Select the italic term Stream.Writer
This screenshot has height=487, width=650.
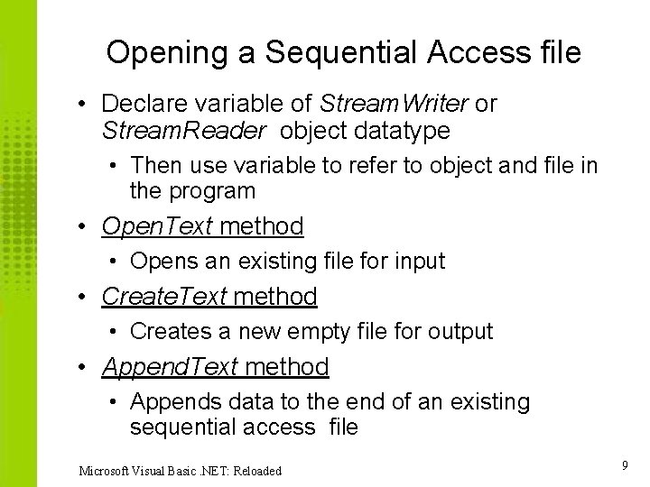click(x=395, y=104)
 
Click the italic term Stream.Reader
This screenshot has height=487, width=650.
click(x=184, y=131)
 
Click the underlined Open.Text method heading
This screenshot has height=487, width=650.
click(x=203, y=225)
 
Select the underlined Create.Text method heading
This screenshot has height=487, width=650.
click(x=209, y=296)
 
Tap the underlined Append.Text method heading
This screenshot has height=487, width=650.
click(x=216, y=366)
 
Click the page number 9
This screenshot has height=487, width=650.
click(x=625, y=464)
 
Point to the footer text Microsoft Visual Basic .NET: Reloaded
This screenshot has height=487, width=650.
click(x=181, y=470)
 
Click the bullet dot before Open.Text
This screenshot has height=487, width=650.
click(x=82, y=226)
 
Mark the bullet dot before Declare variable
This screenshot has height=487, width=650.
click(x=82, y=105)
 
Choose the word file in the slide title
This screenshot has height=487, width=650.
click(x=558, y=52)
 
